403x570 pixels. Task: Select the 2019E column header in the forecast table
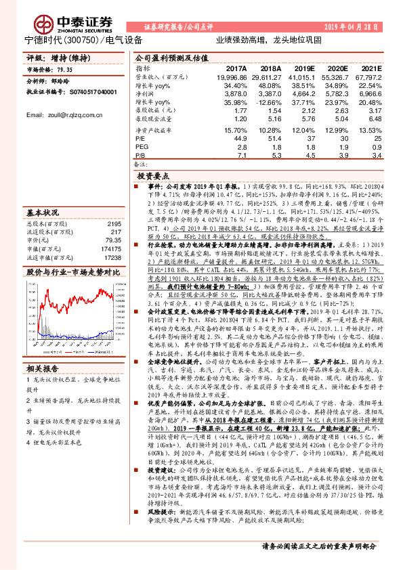(x=301, y=69)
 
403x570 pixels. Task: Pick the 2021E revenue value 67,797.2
(x=375, y=79)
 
